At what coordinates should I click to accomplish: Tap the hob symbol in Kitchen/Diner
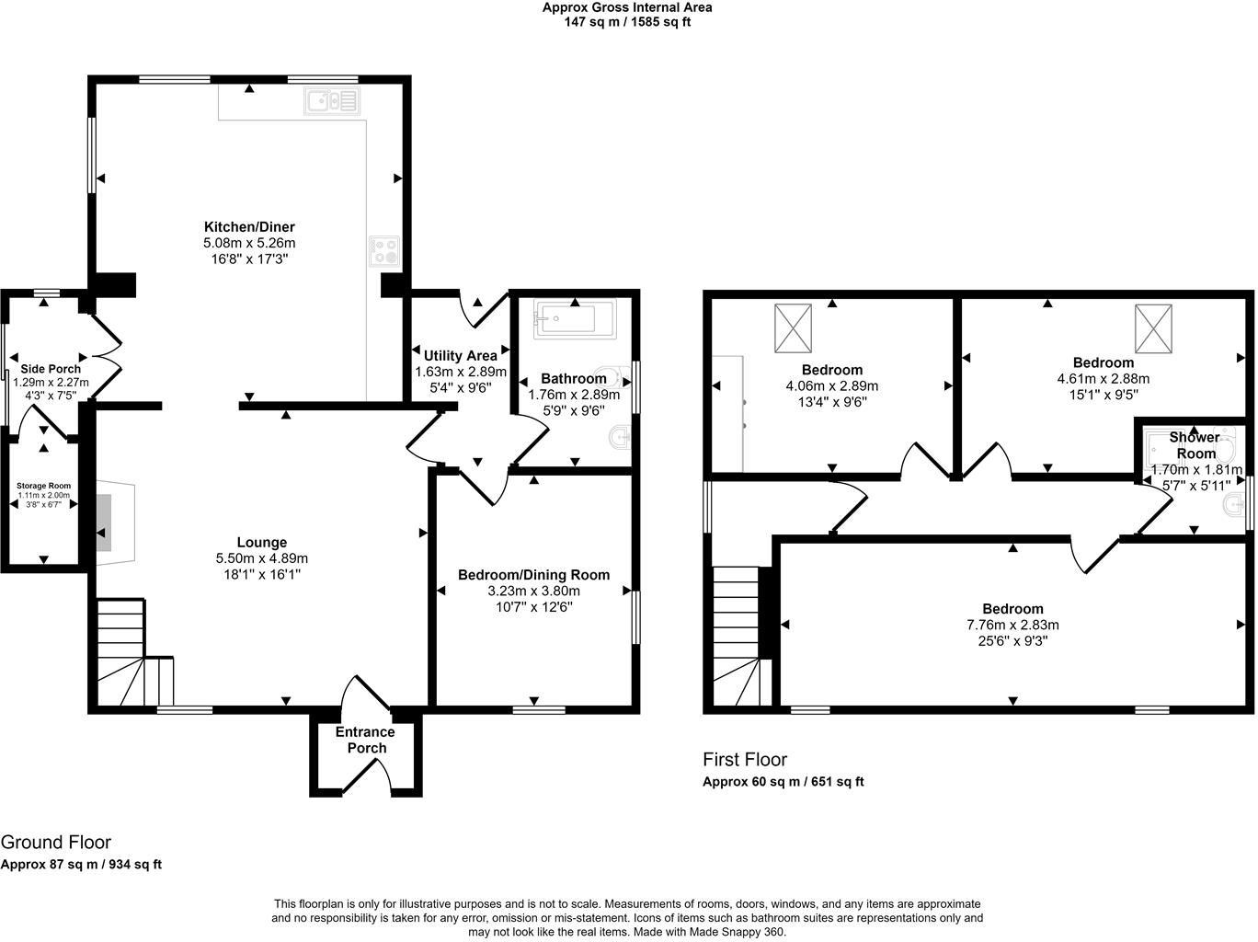pos(385,251)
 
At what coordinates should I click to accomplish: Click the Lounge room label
pos(262,543)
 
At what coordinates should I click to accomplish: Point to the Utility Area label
pos(461,355)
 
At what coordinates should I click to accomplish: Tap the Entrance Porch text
pos(365,740)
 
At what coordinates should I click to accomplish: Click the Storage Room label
pos(43,486)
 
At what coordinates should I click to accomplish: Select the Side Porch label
pos(51,369)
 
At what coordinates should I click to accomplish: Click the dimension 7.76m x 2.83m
pos(1012,625)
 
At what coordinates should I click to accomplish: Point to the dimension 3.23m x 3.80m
pos(533,591)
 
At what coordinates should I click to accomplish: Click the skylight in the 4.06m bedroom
pos(794,327)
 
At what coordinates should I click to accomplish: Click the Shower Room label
pos(1195,445)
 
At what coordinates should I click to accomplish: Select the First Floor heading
pos(745,760)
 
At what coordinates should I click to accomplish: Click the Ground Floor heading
pos(56,842)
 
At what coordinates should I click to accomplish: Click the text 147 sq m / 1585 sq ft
pos(627,22)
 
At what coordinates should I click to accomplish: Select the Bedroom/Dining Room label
pos(533,575)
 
